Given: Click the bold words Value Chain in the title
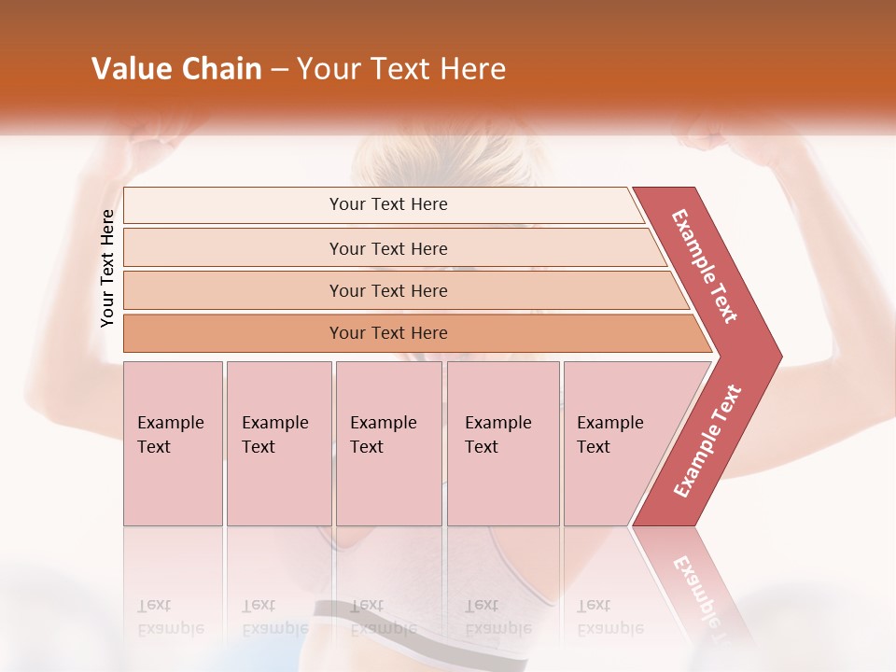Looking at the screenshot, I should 176,69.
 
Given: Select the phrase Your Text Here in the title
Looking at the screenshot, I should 401,69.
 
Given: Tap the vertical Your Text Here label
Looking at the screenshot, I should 107,269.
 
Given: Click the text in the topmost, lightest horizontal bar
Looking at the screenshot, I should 388,204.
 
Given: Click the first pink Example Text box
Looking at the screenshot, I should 173,443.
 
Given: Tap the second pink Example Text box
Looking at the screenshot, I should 279,443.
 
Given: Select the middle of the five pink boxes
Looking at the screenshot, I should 388,443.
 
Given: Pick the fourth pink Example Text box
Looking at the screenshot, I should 503,443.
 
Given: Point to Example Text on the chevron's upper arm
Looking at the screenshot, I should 705,266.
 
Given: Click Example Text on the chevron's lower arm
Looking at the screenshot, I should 707,441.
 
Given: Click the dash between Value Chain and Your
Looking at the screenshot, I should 279,70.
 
